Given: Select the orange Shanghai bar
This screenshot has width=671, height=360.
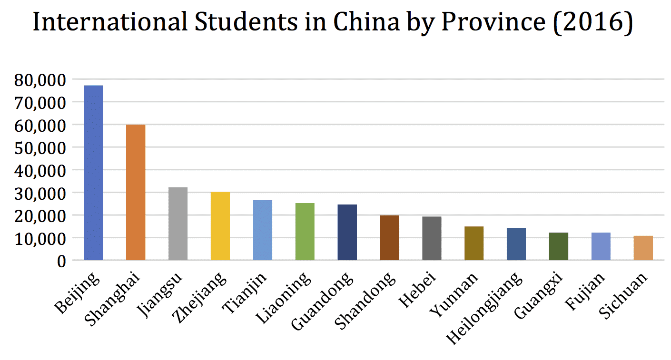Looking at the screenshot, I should (136, 192).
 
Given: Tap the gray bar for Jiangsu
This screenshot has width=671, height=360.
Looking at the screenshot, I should (178, 224).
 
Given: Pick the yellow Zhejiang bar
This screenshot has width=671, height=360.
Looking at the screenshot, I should (220, 226).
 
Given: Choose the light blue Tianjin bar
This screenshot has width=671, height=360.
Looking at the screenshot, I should (263, 230).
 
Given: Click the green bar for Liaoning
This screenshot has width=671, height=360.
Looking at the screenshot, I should (305, 232).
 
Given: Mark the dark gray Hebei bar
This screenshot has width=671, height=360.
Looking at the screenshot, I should (432, 238).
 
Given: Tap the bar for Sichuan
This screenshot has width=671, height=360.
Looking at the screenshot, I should (643, 248).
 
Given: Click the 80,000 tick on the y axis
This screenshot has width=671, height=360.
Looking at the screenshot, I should (41, 79).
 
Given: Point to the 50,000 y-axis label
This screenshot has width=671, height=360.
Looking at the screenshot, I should (41, 147).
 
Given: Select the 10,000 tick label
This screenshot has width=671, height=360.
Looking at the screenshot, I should (41, 238).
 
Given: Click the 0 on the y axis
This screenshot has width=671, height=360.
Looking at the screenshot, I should (61, 261).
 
